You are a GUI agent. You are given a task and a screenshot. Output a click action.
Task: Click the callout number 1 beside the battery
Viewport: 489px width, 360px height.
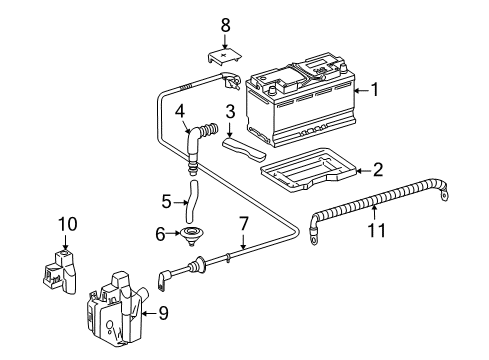coord(375,90)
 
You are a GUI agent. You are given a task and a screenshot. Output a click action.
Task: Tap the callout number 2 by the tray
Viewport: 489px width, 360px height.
coord(378,169)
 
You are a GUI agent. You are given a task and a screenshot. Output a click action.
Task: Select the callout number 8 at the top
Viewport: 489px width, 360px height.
coord(226,25)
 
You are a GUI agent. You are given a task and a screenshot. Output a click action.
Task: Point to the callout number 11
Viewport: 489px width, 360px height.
coord(376,230)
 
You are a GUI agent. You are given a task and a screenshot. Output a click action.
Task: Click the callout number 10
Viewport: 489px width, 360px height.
coord(68,224)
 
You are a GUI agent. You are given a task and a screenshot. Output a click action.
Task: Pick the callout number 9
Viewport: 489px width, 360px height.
coord(163,313)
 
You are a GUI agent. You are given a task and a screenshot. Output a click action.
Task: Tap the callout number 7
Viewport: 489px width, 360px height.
coord(244,223)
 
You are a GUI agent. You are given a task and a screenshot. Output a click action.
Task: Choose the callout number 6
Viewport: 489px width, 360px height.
coord(160,234)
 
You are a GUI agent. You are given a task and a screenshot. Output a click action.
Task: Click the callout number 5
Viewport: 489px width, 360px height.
coord(166,202)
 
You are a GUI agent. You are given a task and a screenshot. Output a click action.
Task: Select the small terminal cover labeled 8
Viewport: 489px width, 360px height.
coord(224,56)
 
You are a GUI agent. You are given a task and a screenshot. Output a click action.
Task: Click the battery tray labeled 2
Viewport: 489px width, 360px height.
coord(308,169)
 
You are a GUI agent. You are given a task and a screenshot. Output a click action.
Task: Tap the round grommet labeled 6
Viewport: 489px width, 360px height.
coord(192,234)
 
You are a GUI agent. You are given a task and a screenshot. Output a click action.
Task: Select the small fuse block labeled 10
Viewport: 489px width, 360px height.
coord(60,272)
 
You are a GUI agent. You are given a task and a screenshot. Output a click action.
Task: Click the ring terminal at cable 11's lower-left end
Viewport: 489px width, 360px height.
coord(314,237)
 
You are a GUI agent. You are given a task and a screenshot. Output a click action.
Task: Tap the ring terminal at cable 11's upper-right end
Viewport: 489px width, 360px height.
coord(444,195)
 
